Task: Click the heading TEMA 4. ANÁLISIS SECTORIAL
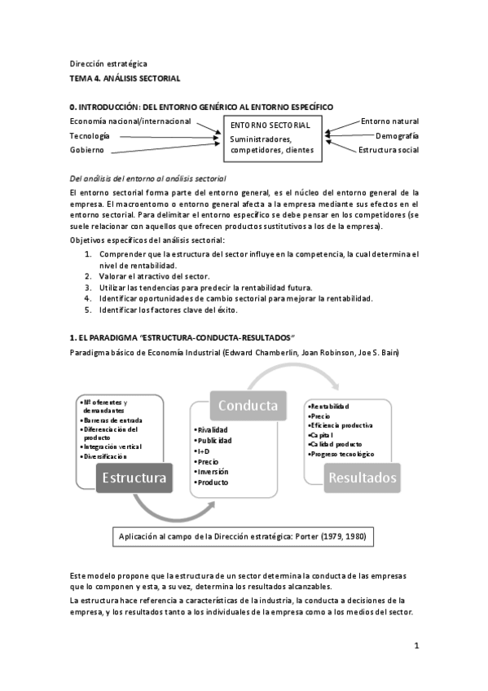point(125,77)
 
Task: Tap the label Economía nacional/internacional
point(130,121)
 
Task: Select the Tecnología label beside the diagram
point(89,136)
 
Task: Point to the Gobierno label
point(86,150)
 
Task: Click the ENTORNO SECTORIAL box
point(272,137)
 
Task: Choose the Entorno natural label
point(389,121)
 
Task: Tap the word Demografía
point(397,136)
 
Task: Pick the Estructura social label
point(389,150)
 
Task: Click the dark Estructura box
point(134,478)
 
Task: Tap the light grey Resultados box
point(362,478)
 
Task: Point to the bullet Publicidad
point(214,440)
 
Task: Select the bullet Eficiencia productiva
point(341,425)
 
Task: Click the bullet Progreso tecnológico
point(343,454)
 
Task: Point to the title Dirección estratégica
point(108,64)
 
